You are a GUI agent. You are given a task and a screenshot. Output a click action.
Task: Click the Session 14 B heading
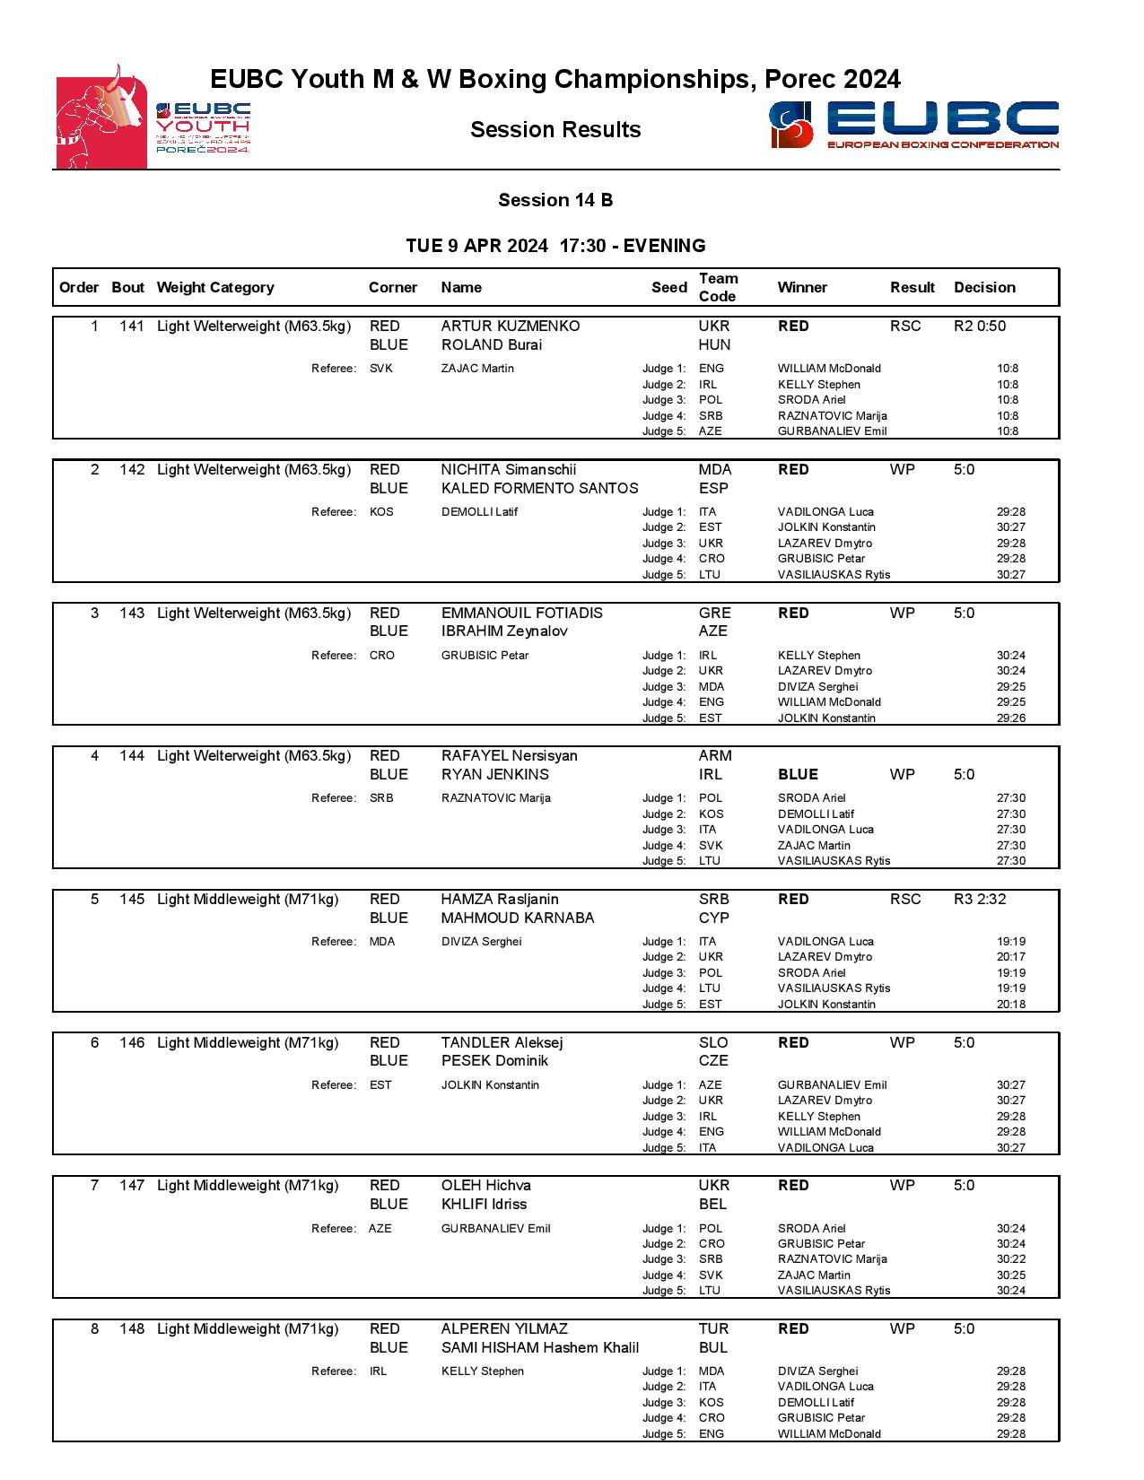pos(555,200)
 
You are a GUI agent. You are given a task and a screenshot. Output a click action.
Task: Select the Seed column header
pos(668,288)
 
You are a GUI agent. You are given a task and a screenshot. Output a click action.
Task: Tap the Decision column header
pos(984,288)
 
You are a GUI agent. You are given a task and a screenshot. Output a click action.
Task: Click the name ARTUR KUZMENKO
pos(510,326)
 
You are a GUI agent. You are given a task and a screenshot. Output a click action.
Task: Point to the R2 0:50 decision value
pos(979,326)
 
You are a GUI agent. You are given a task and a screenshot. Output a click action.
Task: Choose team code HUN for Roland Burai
pos(714,345)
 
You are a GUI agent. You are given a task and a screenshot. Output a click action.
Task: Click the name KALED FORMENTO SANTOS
pos(539,489)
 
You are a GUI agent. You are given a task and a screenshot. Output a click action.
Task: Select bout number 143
pos(132,614)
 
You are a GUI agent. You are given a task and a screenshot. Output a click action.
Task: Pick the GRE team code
pos(714,614)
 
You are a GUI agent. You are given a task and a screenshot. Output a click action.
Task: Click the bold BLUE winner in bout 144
pos(798,775)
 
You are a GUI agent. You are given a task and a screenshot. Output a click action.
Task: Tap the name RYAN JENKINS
pos(494,775)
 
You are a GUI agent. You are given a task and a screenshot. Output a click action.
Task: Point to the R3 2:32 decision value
pos(979,900)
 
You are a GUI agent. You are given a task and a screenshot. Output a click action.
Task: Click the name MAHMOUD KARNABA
pos(517,918)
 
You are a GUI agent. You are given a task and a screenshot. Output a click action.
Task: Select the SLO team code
pos(713,1043)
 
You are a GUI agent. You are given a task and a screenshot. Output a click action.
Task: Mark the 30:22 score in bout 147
pos(1010,1259)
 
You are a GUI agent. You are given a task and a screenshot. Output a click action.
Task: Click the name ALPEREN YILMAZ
pos(504,1329)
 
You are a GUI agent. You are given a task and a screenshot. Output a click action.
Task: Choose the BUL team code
pos(713,1348)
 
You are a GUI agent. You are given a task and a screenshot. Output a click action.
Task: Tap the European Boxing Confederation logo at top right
pos(913,125)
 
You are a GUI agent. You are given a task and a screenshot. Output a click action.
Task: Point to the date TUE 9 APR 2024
pos(476,247)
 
